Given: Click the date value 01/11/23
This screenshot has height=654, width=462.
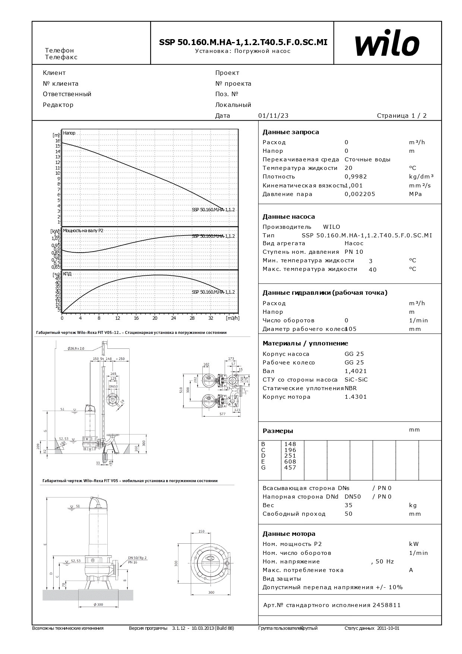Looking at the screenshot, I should point(273,116).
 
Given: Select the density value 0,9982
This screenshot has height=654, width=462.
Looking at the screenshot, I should point(356,177).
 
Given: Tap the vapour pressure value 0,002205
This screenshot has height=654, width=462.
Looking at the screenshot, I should point(360,194).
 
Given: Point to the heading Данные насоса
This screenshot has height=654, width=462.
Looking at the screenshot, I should point(288,217).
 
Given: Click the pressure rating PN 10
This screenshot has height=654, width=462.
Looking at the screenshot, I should point(354,252).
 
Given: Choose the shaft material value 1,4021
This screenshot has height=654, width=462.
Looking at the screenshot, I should point(355,371).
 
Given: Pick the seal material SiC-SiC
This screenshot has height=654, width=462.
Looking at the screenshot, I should point(356,380).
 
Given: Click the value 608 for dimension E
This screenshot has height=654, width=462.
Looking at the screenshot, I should point(290,462).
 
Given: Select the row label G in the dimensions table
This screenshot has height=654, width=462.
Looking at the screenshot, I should point(263,468).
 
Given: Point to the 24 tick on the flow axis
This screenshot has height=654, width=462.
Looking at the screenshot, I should point(173,318).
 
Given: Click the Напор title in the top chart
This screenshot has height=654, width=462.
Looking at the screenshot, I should point(69,133).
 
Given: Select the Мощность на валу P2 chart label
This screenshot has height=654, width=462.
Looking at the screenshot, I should point(83,231).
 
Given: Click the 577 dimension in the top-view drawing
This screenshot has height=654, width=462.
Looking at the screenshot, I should point(222,414).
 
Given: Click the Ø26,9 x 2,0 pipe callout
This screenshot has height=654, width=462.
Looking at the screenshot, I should point(76,348).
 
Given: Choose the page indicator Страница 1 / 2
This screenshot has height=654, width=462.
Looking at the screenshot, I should point(402,116).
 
